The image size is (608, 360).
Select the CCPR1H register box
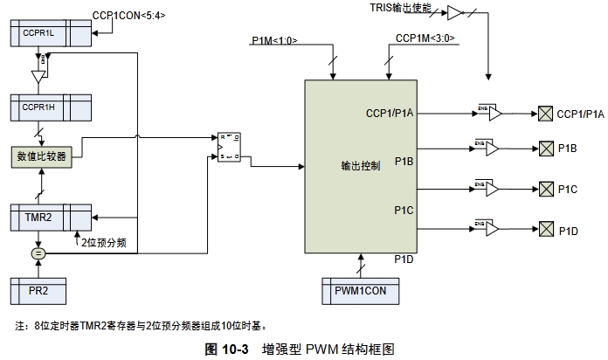click(47, 107)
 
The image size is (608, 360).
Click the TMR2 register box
click(47, 215)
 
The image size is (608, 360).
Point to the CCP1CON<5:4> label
click(128, 15)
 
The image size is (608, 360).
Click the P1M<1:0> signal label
click(273, 41)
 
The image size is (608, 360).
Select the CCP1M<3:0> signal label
click(425, 38)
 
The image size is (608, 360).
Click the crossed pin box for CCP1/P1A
click(545, 114)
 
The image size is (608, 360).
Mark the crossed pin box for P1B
click(545, 149)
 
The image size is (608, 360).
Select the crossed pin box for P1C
click(545, 189)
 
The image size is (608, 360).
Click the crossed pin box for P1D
click(545, 229)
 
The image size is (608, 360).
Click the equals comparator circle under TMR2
click(38, 253)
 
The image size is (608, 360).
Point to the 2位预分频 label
click(104, 242)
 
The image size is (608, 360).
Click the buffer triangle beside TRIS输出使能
click(453, 11)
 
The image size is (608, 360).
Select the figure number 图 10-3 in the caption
click(227, 348)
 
